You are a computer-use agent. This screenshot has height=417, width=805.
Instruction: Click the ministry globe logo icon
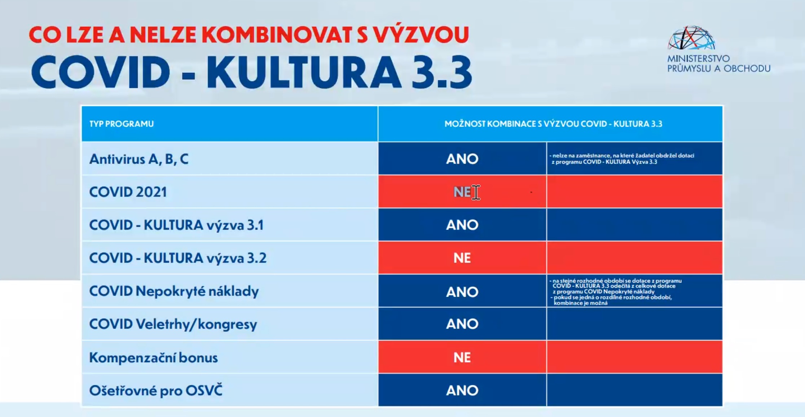[x=691, y=38]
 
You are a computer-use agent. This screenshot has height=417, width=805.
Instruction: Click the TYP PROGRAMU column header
[x=122, y=124]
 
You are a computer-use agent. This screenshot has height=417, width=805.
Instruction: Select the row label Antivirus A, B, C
[x=139, y=159]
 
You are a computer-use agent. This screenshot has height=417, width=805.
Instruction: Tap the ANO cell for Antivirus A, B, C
[x=462, y=159]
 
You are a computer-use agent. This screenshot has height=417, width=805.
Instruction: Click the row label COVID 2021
[x=128, y=192]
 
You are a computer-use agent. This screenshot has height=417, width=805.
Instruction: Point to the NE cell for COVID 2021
[x=462, y=192]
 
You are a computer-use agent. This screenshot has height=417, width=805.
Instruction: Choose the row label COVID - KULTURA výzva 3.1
[x=176, y=225]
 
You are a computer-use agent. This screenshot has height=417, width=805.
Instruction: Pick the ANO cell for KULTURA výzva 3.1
[x=462, y=225]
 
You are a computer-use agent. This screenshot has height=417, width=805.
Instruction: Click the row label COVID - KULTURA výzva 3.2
[x=178, y=258]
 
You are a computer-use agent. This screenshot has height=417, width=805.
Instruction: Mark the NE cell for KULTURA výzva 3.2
[x=462, y=258]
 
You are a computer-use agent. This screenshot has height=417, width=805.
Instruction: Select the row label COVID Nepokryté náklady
[x=174, y=291]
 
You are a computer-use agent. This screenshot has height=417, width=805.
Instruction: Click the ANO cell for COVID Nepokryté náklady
[x=462, y=292]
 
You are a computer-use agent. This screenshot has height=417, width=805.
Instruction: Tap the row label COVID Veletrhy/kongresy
[x=173, y=324]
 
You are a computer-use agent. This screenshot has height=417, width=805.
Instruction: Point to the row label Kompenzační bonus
[x=153, y=358]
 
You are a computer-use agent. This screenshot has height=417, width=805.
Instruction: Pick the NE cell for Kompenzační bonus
[x=462, y=358]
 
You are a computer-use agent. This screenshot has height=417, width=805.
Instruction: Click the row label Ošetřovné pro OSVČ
[x=156, y=390]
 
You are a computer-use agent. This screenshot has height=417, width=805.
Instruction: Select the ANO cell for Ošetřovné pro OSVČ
[x=462, y=390]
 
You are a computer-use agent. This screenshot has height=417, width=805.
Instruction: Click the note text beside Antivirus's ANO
[x=622, y=159]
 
